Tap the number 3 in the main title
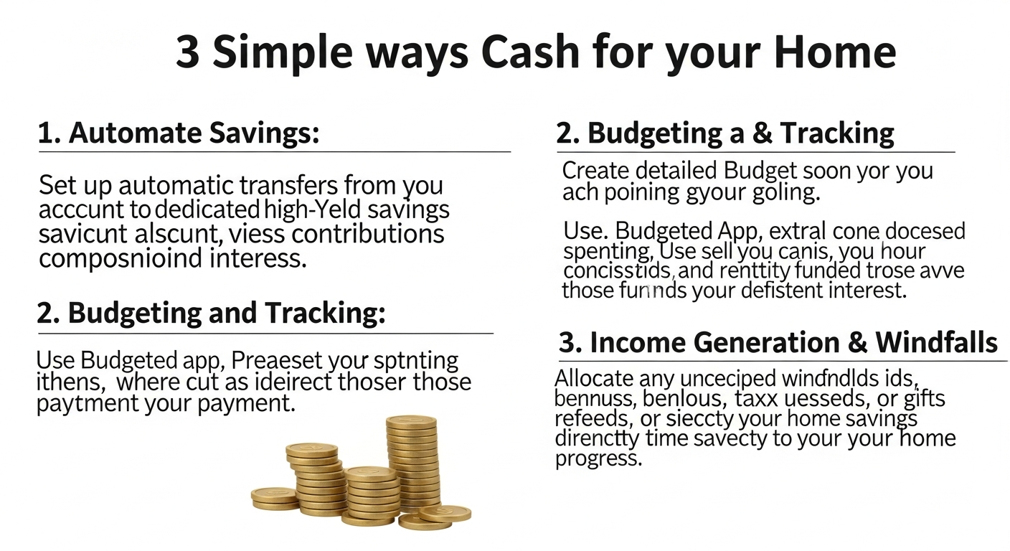[x=187, y=52]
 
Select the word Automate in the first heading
[x=131, y=133]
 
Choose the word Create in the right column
[x=598, y=171]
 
